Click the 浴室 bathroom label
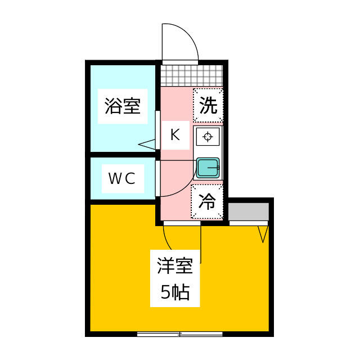(122, 106)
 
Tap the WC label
(122, 179)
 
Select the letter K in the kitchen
(175, 135)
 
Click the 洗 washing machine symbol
(208, 106)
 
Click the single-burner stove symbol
(208, 137)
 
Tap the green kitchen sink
(208, 168)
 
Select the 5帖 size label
(175, 292)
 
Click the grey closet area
(248, 211)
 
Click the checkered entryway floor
(191, 75)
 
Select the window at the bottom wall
(179, 334)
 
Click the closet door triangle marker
(263, 233)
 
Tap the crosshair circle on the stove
(208, 137)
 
